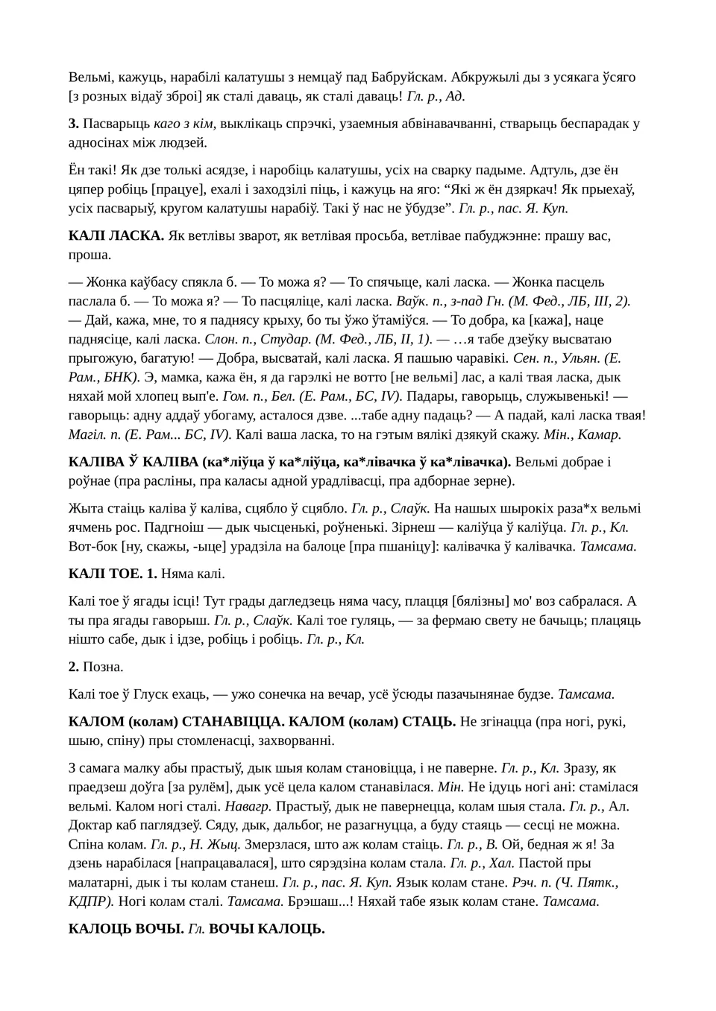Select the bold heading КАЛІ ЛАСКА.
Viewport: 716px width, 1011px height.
(x=116, y=235)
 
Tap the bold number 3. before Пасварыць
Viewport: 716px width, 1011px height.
(x=74, y=124)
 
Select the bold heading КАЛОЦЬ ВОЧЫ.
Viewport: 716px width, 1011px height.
(x=126, y=929)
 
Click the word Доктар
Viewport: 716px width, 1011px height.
(x=91, y=825)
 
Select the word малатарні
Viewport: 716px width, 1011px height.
(x=101, y=883)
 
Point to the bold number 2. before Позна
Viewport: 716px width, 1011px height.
(x=74, y=667)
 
